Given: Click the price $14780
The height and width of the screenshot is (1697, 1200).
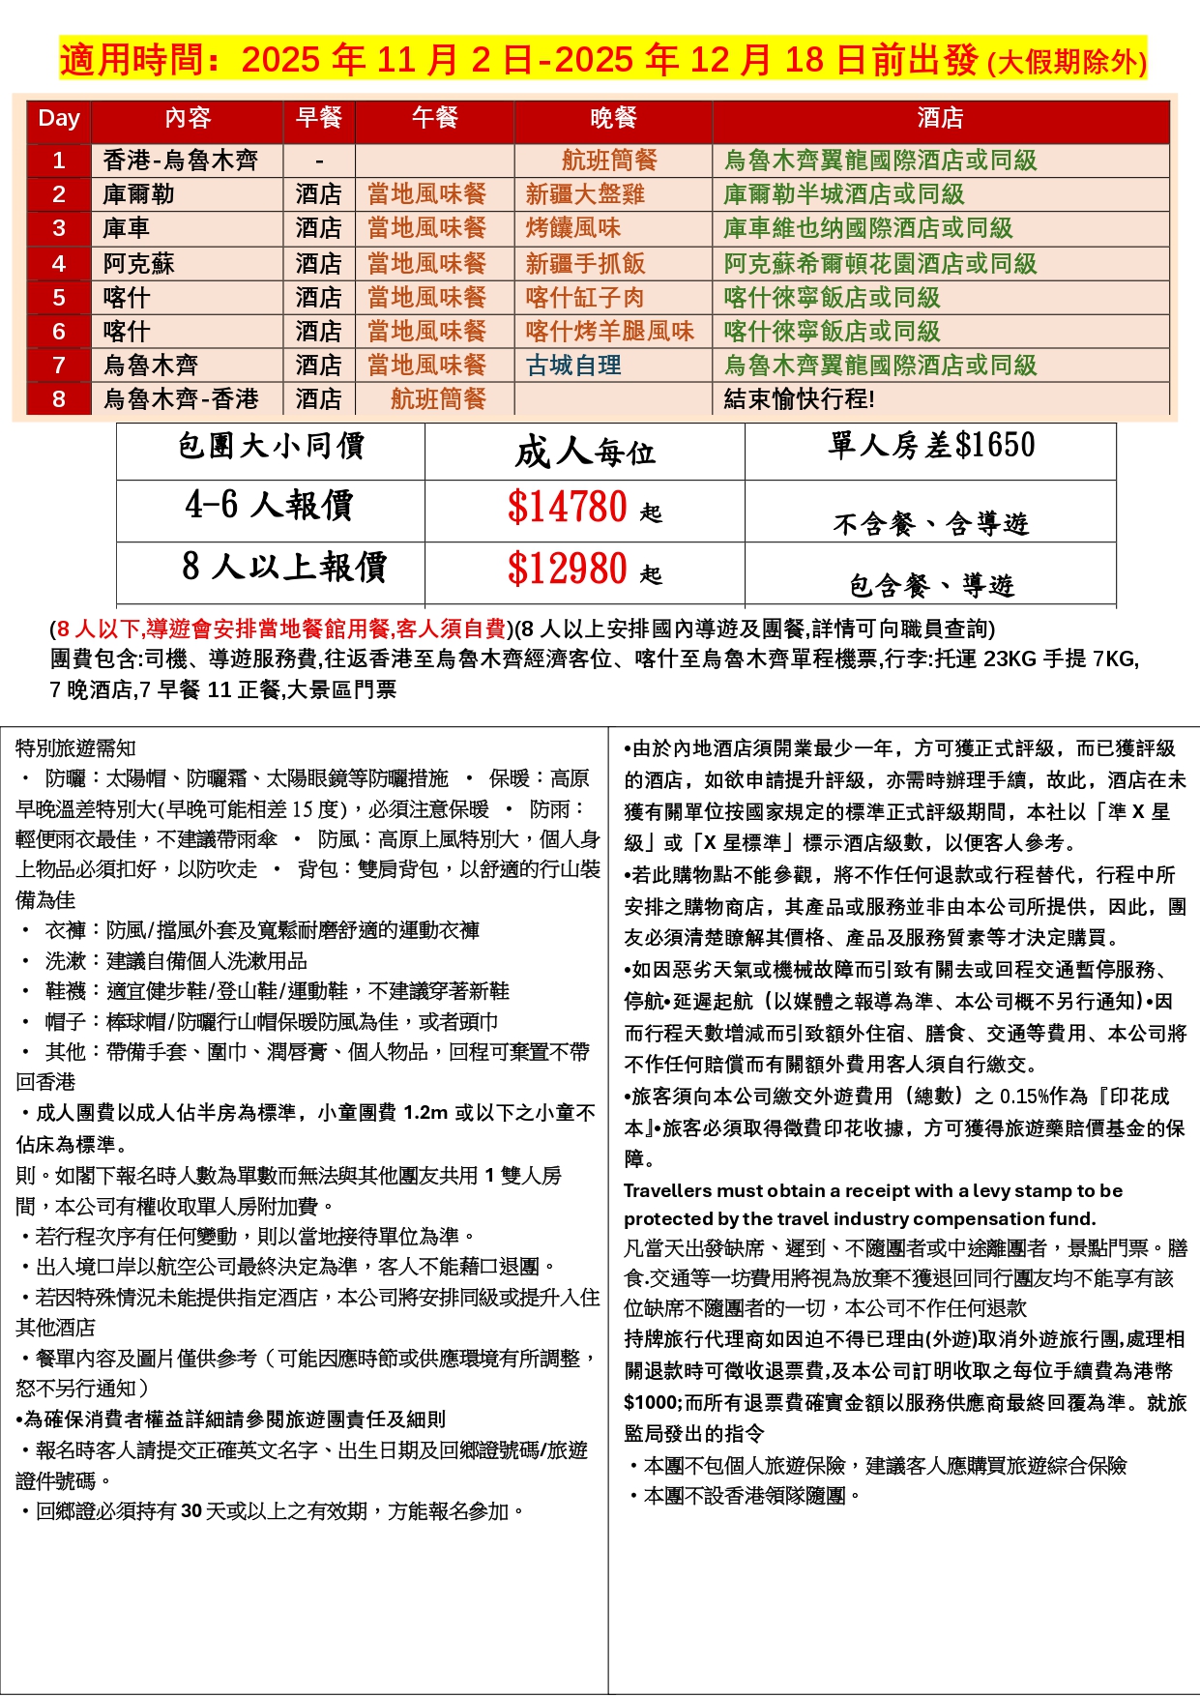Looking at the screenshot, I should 568,508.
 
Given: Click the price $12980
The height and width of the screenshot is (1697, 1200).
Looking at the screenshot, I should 568,570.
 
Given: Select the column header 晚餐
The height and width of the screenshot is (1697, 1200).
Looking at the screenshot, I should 613,118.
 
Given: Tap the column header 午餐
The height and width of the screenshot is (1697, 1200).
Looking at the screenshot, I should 434,118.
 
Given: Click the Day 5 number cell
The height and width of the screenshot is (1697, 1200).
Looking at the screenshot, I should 59,298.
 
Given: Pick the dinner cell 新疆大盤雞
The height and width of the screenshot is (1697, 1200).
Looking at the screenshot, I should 585,194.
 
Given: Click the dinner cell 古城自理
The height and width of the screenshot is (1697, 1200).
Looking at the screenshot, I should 573,366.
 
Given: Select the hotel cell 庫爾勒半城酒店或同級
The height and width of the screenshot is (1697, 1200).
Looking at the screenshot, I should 844,194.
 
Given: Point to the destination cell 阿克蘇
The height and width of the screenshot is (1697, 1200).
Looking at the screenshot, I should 139,264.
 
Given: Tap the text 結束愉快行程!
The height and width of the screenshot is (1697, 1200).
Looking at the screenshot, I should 799,399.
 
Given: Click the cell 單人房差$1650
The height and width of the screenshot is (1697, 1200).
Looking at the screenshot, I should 930,446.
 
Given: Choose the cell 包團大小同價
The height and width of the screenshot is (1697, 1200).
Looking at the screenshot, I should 271,447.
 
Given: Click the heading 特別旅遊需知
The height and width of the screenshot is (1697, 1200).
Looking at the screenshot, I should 75,748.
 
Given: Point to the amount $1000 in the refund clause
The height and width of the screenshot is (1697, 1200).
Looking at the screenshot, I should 653,1403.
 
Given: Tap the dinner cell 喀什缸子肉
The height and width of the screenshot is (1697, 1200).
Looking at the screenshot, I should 584,298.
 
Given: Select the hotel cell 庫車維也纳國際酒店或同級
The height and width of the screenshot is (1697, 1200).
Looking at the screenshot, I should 867,229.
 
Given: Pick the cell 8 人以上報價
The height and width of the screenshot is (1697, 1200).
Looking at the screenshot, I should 284,568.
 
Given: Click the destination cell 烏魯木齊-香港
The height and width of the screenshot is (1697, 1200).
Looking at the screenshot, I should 181,399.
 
